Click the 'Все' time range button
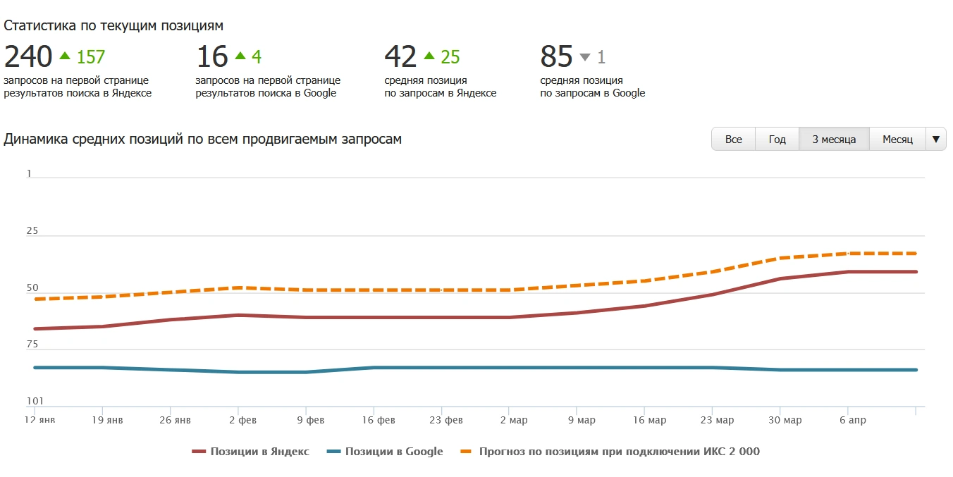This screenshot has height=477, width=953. click(733, 140)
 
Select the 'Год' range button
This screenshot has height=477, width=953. click(777, 140)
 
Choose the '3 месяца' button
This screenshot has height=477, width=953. click(834, 140)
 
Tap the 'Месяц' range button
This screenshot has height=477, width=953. click(897, 140)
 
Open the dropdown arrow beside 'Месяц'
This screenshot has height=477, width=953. click(935, 140)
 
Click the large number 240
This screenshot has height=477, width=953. click(28, 57)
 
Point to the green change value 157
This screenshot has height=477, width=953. click(91, 57)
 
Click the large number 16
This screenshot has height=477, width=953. click(211, 57)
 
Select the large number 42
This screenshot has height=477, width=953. click(400, 57)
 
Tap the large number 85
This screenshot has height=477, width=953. click(556, 57)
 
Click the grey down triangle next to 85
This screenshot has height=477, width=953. click(584, 57)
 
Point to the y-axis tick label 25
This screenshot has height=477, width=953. click(33, 231)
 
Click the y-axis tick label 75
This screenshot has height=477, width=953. click(33, 345)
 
